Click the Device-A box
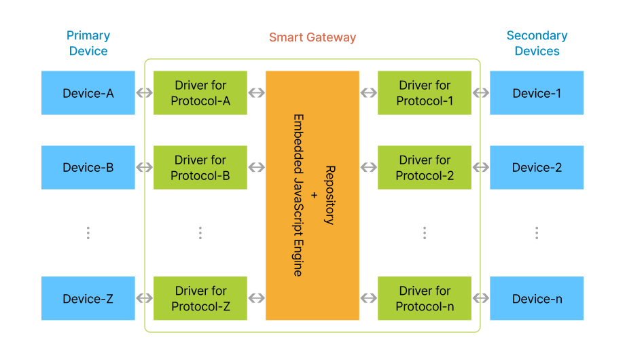[88, 93]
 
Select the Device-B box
[88, 167]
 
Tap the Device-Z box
[88, 298]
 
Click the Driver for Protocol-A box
[200, 93]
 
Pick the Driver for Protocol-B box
[200, 167]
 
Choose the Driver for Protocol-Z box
[200, 298]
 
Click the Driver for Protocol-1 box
[425, 93]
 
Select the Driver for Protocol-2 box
[425, 167]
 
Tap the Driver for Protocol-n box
[425, 298]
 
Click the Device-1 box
[537, 93]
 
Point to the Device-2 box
[537, 167]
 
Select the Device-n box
[537, 298]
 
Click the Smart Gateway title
[312, 37]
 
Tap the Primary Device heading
[88, 43]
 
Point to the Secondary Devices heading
[537, 43]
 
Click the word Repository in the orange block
[329, 195]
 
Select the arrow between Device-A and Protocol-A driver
[144, 93]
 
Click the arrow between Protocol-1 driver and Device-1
[481, 93]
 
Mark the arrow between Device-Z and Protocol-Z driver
[144, 298]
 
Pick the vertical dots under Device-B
[88, 233]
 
